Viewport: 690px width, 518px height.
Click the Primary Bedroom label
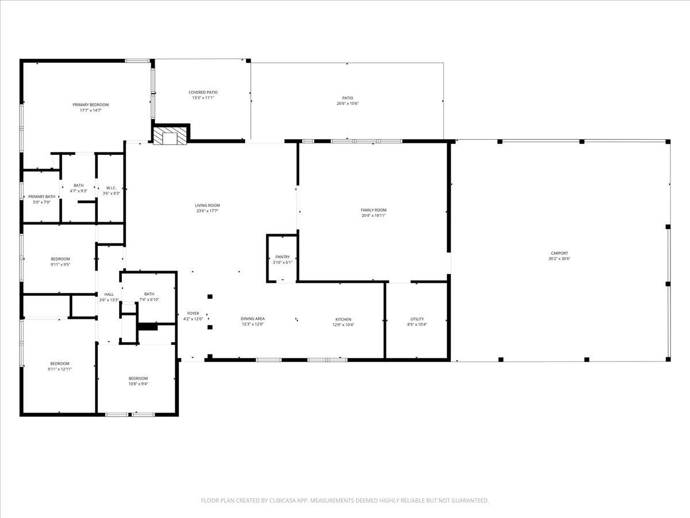[x=90, y=105]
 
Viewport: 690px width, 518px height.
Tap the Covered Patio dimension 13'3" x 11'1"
[x=203, y=98]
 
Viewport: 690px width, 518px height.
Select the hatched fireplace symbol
[x=170, y=135]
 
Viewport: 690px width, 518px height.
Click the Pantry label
[x=282, y=257]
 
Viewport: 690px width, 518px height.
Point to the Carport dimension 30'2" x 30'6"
[x=559, y=259]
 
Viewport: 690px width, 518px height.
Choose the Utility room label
[x=417, y=319]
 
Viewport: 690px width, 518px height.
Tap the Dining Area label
[x=252, y=318]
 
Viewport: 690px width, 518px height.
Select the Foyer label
[x=193, y=314]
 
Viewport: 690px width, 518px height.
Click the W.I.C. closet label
[x=111, y=188]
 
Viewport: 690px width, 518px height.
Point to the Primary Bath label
[x=42, y=197]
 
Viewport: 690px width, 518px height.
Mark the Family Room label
[x=373, y=210]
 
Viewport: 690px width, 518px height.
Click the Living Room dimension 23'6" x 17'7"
[x=208, y=211]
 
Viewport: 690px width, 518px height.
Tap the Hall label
[x=109, y=294]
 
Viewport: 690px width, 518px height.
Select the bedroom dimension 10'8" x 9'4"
[x=138, y=384]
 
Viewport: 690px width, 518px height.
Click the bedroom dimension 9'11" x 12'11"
[x=60, y=369]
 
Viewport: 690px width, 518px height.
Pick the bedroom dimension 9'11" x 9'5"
[x=60, y=265]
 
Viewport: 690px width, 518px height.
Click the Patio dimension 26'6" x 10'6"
[x=348, y=104]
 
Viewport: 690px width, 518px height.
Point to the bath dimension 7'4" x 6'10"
[x=149, y=300]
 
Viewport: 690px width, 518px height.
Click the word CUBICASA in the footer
[x=281, y=501]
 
